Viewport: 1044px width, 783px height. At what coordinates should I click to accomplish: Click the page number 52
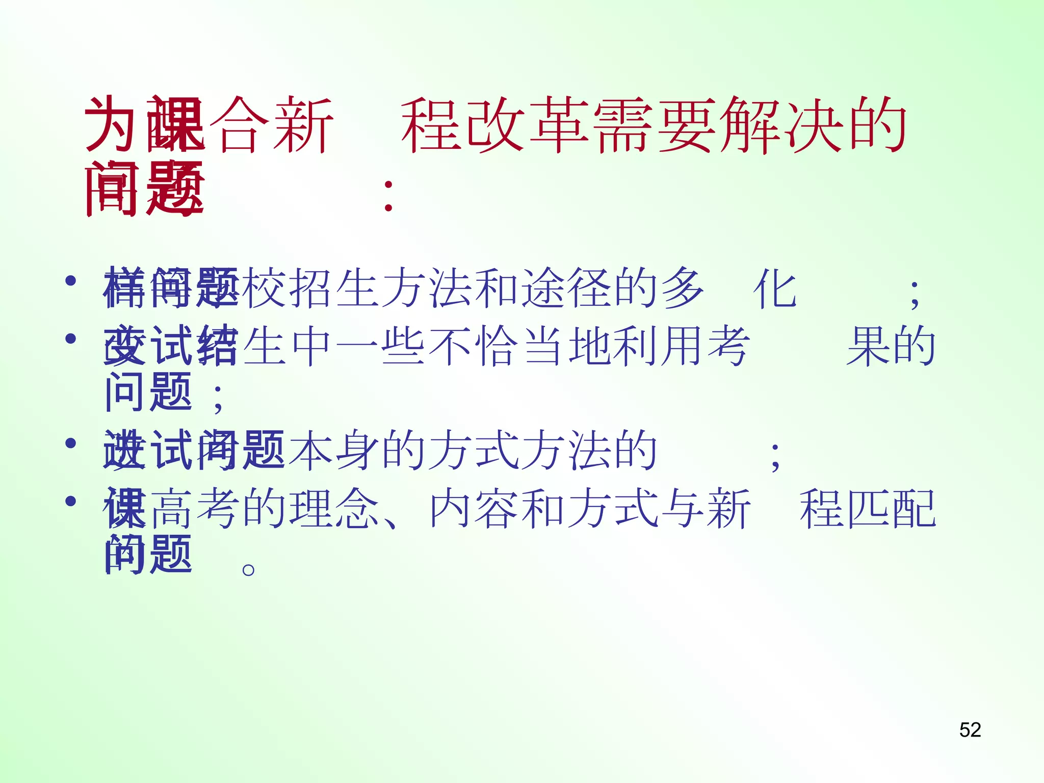970,730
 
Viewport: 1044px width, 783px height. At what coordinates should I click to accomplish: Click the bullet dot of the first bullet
71,280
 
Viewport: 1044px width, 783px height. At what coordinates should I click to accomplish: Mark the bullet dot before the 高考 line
71,501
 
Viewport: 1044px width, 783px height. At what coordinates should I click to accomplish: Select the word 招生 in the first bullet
334,288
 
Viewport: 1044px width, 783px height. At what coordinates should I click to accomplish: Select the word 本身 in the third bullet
334,450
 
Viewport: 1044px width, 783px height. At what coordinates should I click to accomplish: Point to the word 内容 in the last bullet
474,509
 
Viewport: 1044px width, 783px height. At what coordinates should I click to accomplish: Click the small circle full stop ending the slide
248,569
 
